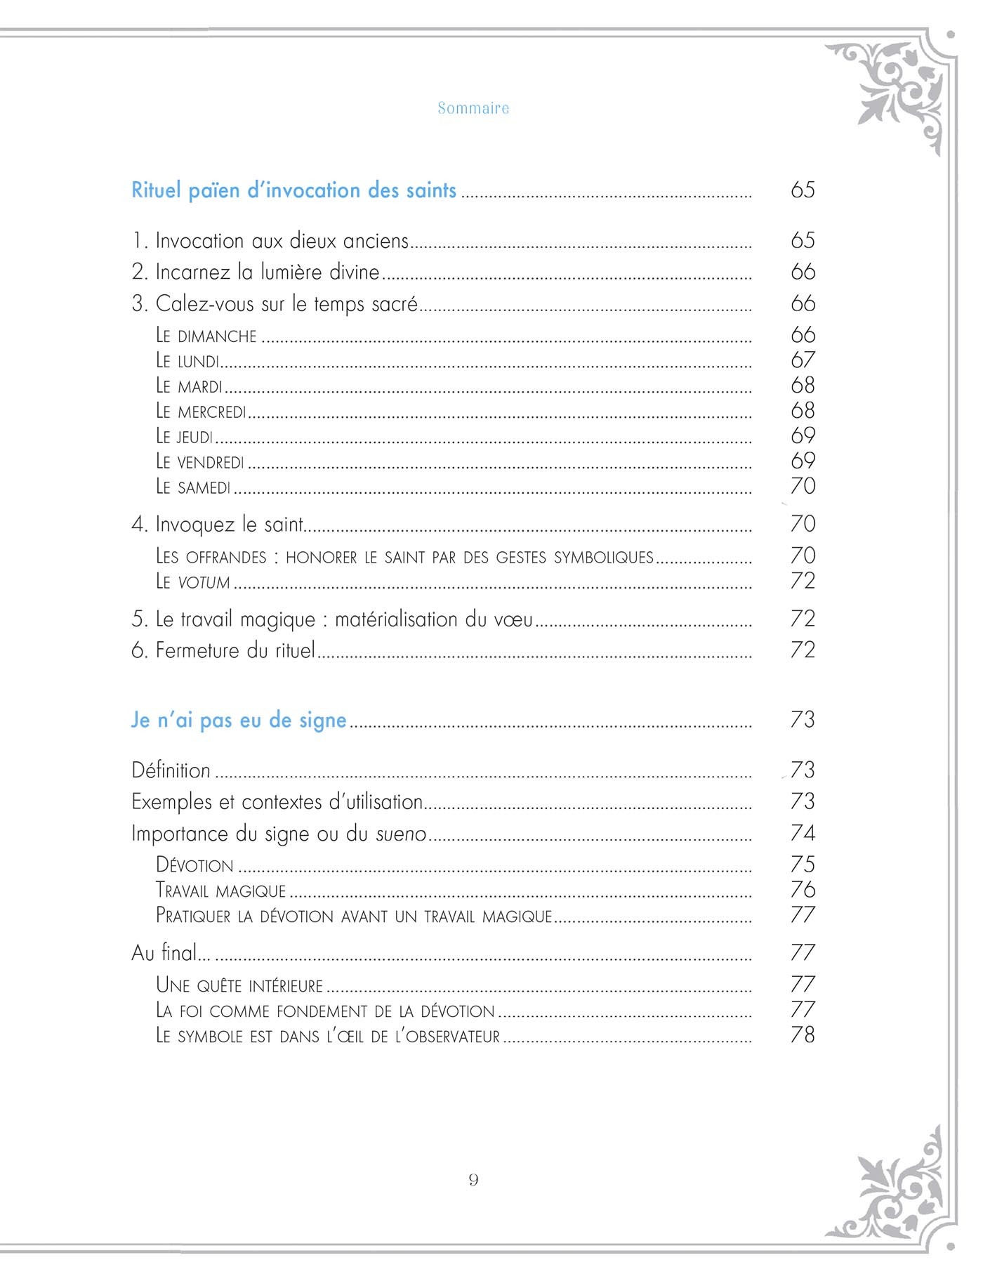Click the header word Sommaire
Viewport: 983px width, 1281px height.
pyautogui.click(x=473, y=108)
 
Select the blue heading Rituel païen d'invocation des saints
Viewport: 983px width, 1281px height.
pyautogui.click(x=293, y=190)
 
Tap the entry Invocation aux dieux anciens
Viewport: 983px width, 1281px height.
pyautogui.click(x=270, y=241)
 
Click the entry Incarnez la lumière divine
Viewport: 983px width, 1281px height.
pyautogui.click(x=256, y=272)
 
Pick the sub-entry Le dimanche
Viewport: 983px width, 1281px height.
pyautogui.click(x=206, y=336)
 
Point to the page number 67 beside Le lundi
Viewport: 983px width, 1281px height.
pyautogui.click(x=803, y=360)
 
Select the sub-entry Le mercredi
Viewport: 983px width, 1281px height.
pyautogui.click(x=201, y=412)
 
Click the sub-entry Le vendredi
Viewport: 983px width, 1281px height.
pyautogui.click(x=200, y=462)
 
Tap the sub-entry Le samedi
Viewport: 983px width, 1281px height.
pyautogui.click(x=193, y=487)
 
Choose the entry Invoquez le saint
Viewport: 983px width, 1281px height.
pyautogui.click(x=218, y=525)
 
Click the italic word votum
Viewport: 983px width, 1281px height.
pyautogui.click(x=204, y=582)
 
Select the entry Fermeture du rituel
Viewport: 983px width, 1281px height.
pyautogui.click(x=223, y=650)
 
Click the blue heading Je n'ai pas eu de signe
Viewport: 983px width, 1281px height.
pyautogui.click(x=239, y=721)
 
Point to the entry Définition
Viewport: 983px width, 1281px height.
pyautogui.click(x=171, y=771)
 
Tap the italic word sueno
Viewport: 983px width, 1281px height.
pyautogui.click(x=401, y=834)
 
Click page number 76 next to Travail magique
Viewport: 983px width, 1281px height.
pyautogui.click(x=803, y=890)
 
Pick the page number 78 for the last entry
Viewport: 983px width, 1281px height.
pyautogui.click(x=803, y=1035)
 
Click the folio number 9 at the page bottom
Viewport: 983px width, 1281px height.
pyautogui.click(x=473, y=1180)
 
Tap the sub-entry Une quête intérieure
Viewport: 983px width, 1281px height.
pyautogui.click(x=239, y=985)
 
